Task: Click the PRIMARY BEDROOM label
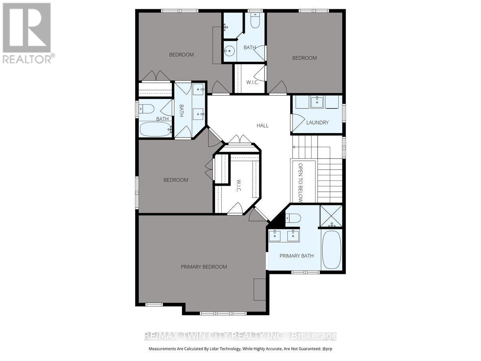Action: pos(204,267)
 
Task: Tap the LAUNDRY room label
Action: pos(317,122)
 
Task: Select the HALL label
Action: pos(263,126)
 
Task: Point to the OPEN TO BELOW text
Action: pos(300,183)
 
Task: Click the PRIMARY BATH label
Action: pos(297,256)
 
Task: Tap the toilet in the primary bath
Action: pos(293,218)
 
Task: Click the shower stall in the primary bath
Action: pos(331,216)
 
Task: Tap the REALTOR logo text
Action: pos(27,59)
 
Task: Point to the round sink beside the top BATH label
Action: pos(229,51)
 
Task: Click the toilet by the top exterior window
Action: pos(255,20)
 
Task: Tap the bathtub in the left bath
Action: pos(156,129)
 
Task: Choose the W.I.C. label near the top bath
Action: pos(253,82)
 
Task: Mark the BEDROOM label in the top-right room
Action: pos(304,58)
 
